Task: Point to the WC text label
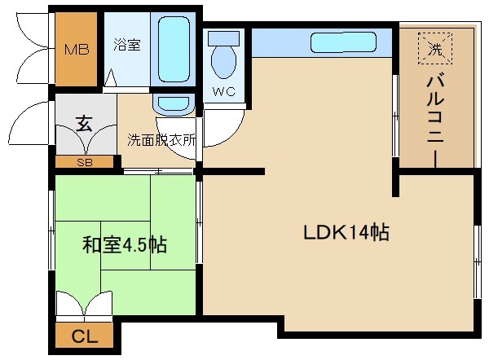point(223,91)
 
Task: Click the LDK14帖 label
point(346,233)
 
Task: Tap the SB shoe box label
point(84,162)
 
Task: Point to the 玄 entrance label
point(84,123)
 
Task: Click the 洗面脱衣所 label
point(161,139)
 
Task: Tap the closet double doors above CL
point(84,305)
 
